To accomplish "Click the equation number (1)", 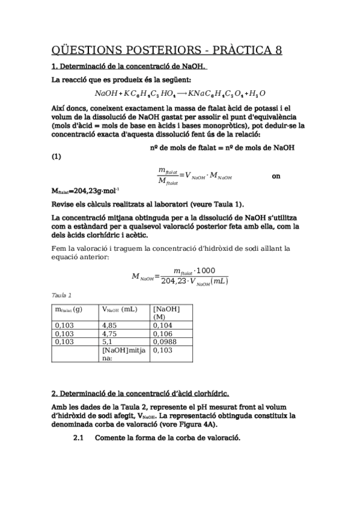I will [56, 157].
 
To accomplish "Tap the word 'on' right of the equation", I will [276, 176].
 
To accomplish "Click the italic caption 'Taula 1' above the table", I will [62, 295].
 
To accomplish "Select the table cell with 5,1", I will [108, 341].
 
